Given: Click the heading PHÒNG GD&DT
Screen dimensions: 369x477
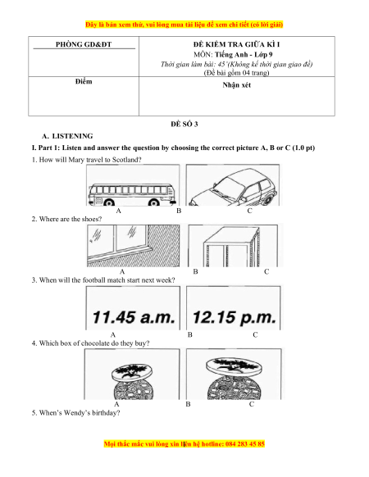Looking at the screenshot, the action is tap(84, 44).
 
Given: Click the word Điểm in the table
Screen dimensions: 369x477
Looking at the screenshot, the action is tap(84, 81).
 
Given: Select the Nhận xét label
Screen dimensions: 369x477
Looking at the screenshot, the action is tap(236, 85).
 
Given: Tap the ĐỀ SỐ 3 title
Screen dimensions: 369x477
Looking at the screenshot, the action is tap(184, 124).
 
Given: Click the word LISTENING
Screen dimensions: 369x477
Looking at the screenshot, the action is tap(72, 136).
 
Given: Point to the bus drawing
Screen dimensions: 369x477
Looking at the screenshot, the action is tap(132, 194).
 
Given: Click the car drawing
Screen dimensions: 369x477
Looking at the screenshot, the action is tap(233, 187).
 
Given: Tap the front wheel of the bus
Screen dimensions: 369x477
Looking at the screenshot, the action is tap(109, 202).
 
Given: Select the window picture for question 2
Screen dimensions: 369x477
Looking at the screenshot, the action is tap(133, 246).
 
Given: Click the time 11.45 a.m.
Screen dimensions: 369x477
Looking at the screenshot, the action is tap(134, 317).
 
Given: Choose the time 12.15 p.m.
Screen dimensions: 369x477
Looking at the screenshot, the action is tap(235, 317).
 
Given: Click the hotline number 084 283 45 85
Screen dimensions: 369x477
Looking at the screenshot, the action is tap(245, 444).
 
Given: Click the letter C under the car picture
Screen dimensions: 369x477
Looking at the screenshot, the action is tap(249, 211).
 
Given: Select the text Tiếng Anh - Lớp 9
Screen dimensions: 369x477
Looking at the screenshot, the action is tap(244, 54).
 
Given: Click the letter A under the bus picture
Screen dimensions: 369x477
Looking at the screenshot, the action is tap(118, 211).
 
